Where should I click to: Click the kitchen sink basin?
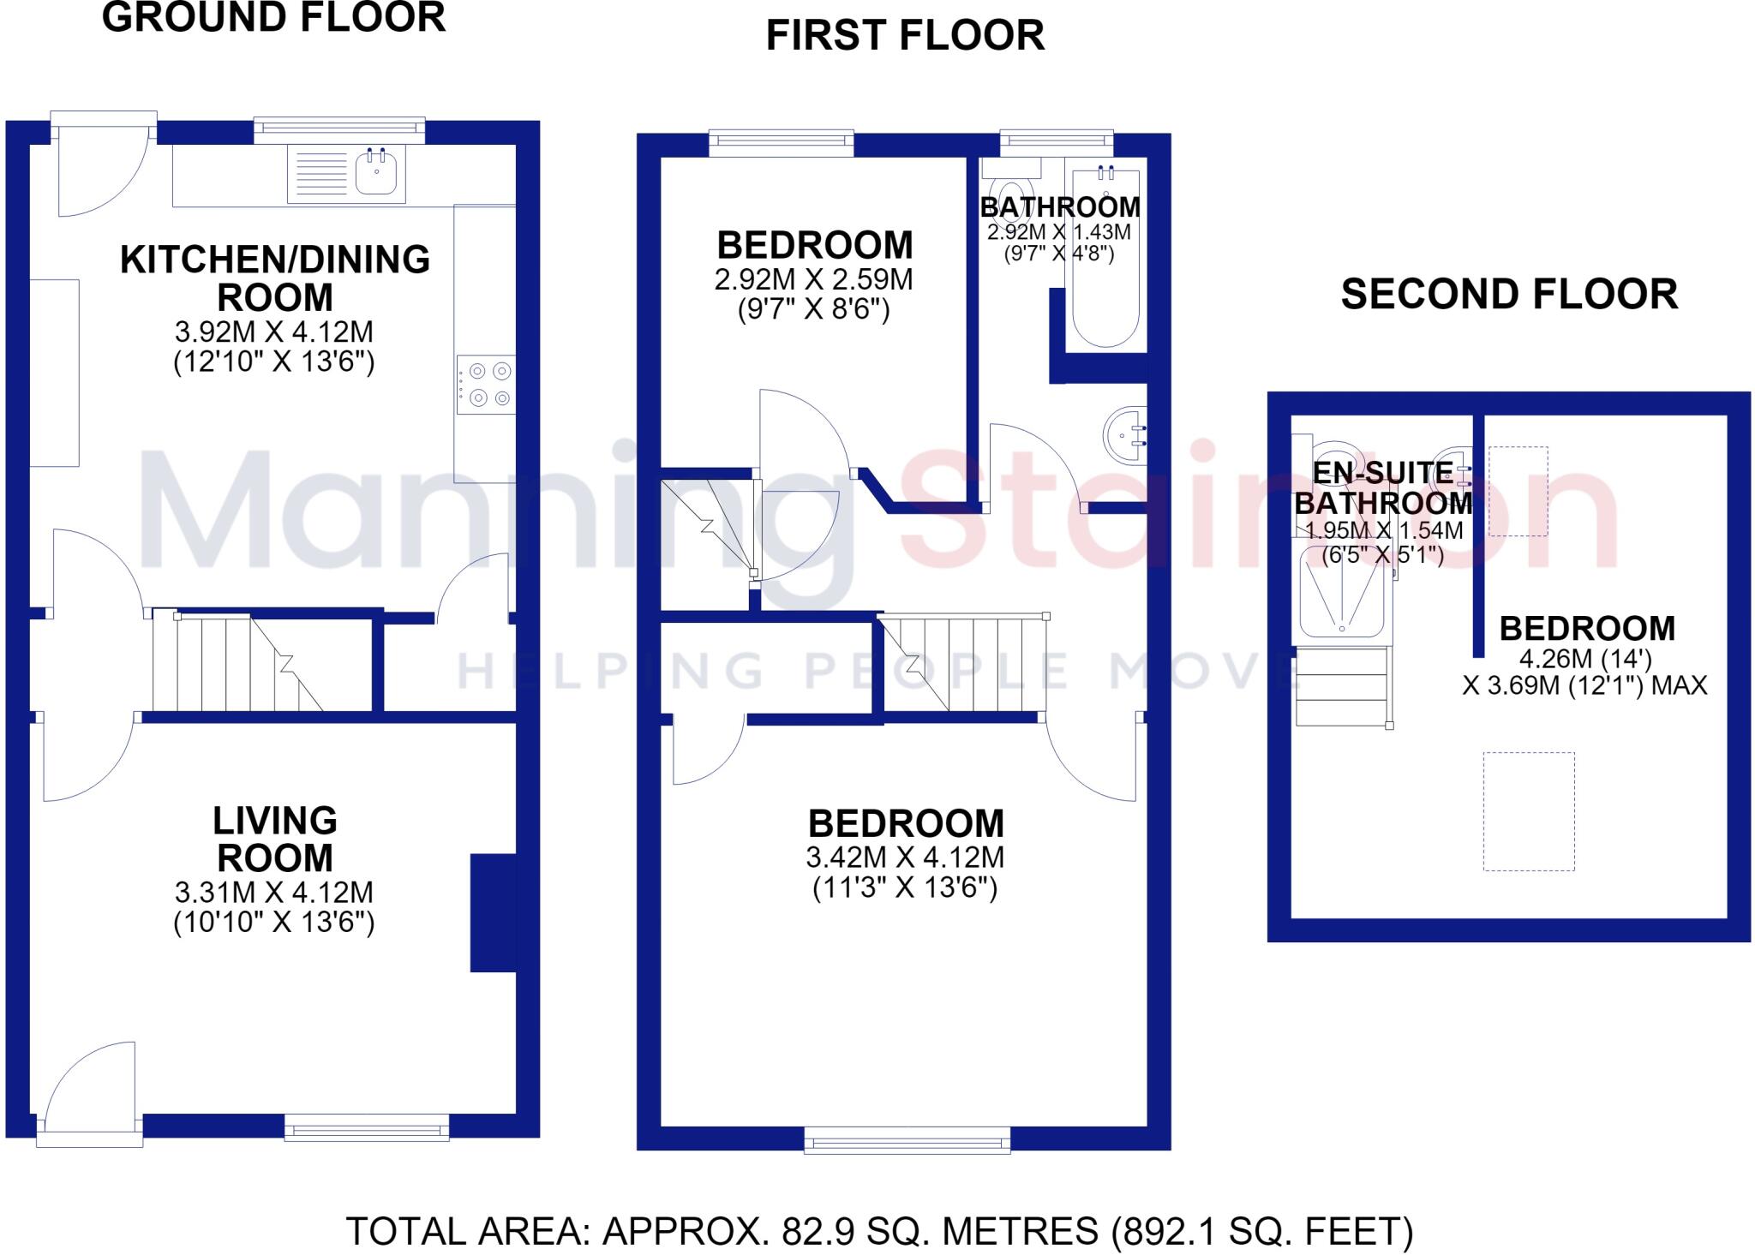click(376, 172)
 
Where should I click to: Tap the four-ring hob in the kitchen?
click(487, 385)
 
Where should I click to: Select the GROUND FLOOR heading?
click(274, 18)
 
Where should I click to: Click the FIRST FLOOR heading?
click(905, 36)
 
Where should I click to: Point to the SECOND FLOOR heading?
click(1509, 295)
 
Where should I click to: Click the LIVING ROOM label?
click(275, 840)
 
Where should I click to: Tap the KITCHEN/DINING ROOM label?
click(275, 278)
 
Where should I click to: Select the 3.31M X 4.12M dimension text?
click(274, 893)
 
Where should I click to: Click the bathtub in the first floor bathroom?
click(1106, 258)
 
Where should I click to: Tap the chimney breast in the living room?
click(494, 912)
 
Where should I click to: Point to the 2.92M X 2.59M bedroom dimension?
click(813, 280)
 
